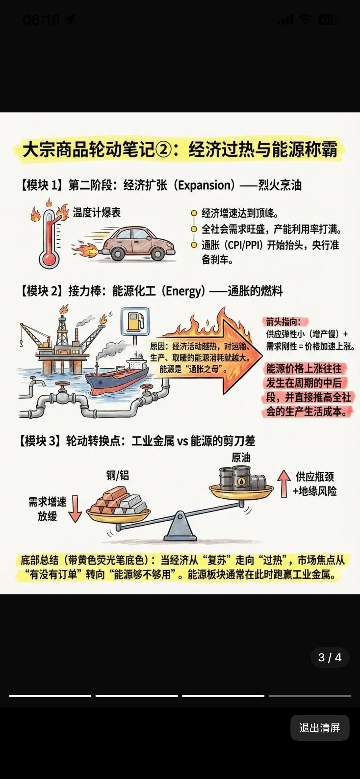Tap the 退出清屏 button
tap(320, 728)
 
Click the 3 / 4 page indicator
tap(330, 658)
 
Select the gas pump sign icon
tap(135, 322)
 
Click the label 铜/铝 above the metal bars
tap(118, 475)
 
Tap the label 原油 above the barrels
tap(241, 458)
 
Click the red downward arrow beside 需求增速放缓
tap(75, 509)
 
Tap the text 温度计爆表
tap(97, 213)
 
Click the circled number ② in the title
tap(165, 149)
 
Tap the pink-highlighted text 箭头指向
tap(283, 321)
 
